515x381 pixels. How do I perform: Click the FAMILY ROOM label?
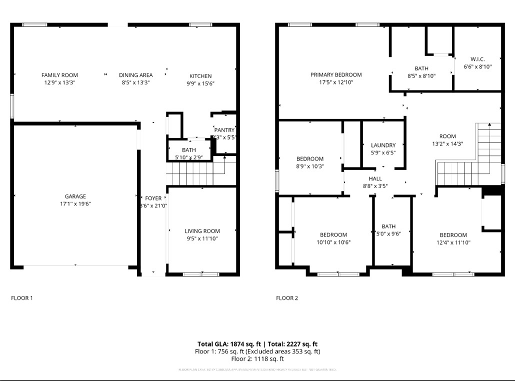coord(59,75)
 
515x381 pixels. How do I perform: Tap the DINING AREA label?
coord(135,75)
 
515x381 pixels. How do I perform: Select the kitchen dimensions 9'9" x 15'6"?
coord(200,83)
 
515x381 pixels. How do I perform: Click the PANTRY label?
coord(224,130)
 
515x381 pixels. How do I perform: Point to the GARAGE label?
coord(75,196)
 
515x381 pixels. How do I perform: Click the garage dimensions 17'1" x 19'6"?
coord(75,203)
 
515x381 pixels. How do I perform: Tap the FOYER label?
coord(153,198)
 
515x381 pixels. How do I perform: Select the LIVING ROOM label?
coord(202,231)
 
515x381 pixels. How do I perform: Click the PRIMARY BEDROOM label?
coord(336,75)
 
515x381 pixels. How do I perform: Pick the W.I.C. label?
coord(477,59)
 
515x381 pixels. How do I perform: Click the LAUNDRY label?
coord(383,145)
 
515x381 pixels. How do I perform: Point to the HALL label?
coord(375,178)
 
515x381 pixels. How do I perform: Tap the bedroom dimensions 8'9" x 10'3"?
coord(310,166)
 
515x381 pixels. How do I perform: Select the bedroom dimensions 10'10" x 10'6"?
coord(333,242)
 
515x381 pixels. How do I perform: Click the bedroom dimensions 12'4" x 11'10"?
coord(453,242)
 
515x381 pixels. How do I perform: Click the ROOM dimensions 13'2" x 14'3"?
coord(447,143)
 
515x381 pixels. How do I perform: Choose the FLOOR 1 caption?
coord(22,298)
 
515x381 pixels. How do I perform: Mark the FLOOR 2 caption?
coord(287,298)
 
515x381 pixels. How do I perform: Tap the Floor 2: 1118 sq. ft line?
coord(257,359)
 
